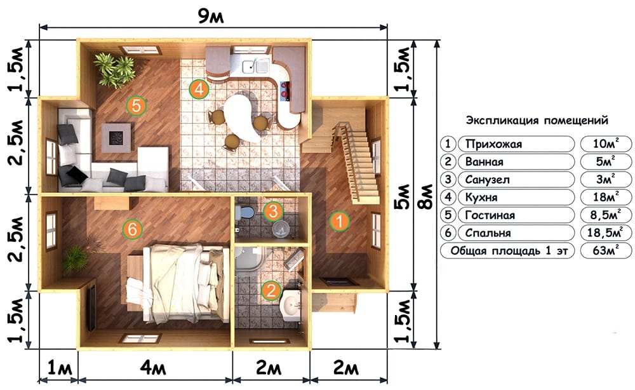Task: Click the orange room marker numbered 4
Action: click(x=199, y=89)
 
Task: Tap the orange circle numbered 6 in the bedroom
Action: click(x=133, y=230)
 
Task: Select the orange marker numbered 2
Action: click(x=271, y=291)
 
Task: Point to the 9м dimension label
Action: click(x=211, y=17)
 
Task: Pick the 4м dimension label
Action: click(x=153, y=368)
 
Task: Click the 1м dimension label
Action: click(x=60, y=368)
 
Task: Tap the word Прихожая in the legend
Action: click(x=493, y=144)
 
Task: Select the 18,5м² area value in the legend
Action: click(x=606, y=233)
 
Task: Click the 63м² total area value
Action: click(x=606, y=251)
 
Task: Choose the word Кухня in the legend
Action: click(x=481, y=198)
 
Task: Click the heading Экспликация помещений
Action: click(x=537, y=121)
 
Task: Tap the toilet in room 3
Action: click(x=244, y=212)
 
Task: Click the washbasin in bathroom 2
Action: click(x=290, y=304)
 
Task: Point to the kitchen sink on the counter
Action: click(x=256, y=65)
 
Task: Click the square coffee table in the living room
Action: click(x=116, y=138)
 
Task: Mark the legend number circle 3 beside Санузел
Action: click(x=448, y=179)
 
